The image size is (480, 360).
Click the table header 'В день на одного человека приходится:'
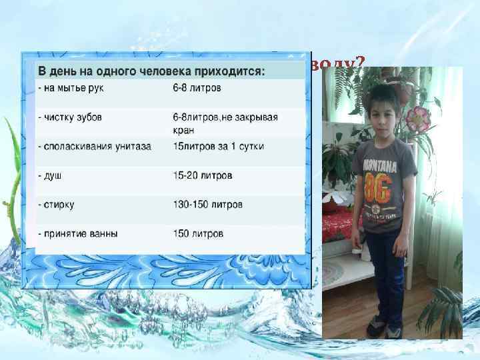(151, 71)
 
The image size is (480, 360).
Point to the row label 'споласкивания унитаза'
(95, 146)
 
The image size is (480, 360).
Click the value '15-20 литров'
(202, 175)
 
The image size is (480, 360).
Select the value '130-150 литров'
(207, 204)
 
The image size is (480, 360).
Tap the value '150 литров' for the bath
(198, 233)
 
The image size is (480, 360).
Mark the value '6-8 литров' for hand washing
(197, 87)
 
